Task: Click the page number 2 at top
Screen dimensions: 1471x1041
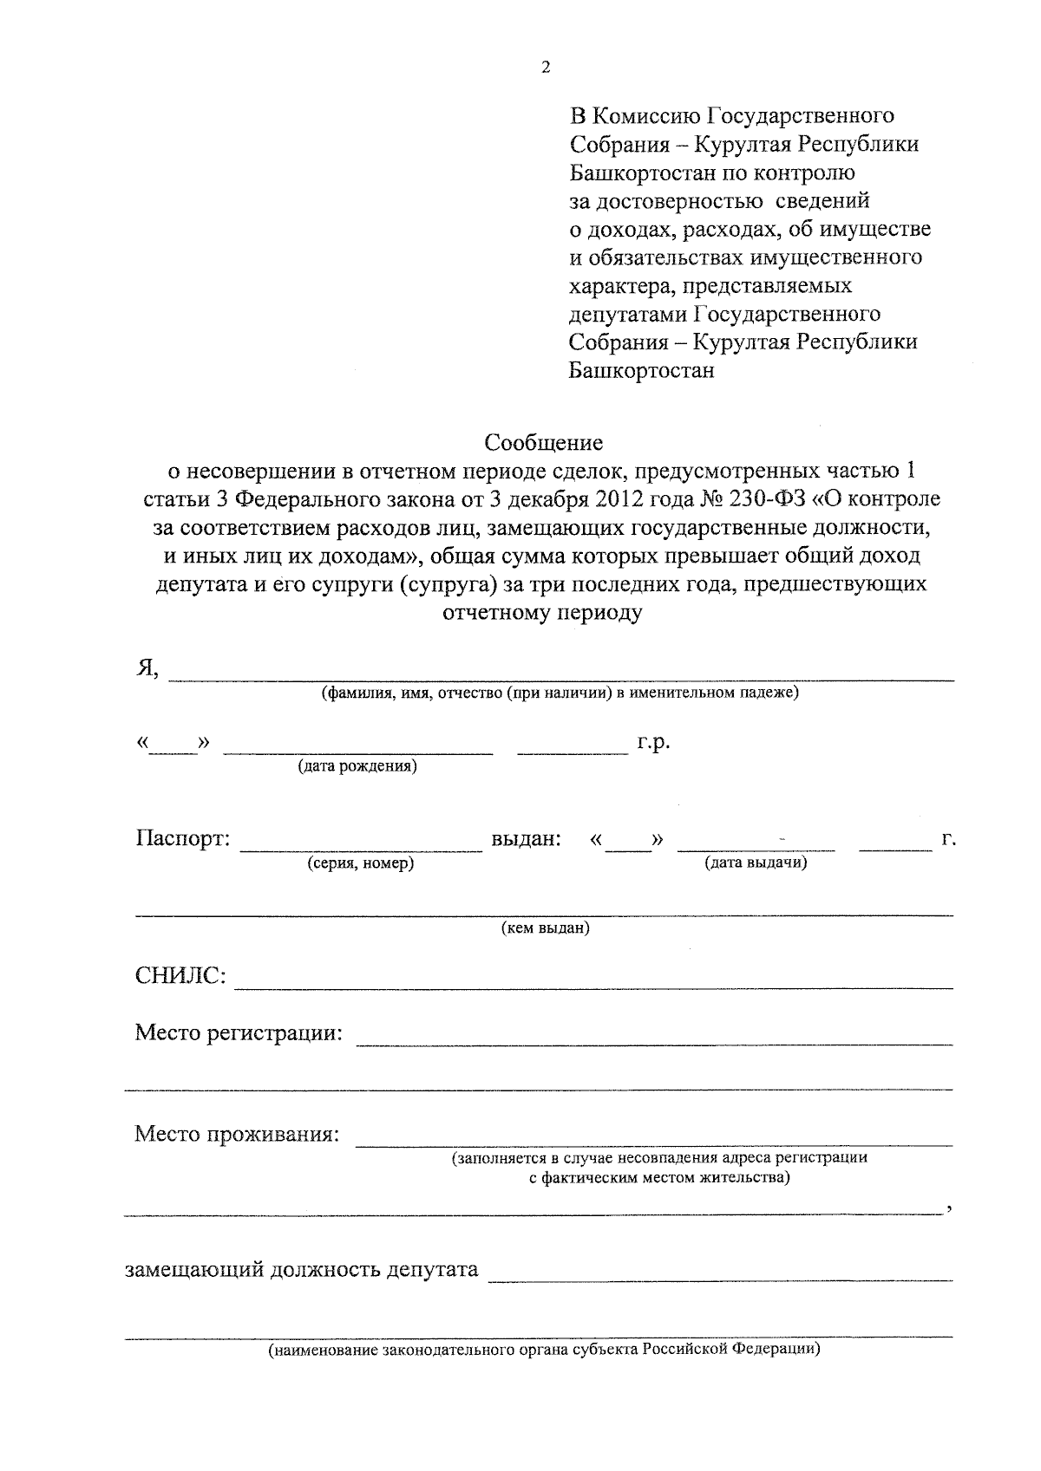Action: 546,68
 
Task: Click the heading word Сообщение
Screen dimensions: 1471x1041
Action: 543,443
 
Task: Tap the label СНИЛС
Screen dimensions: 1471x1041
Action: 180,977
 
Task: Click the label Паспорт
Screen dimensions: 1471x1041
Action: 183,839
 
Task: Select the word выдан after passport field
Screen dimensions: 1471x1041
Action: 526,839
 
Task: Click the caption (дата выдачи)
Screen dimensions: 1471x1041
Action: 756,863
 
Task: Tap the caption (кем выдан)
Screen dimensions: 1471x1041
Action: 546,928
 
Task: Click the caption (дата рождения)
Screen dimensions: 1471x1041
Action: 357,766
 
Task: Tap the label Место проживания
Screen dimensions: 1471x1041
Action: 237,1134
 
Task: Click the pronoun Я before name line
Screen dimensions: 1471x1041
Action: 146,668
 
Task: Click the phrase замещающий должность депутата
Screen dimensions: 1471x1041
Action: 301,1270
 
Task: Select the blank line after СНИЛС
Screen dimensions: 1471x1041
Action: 593,987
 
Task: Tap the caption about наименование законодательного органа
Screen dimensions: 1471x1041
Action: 544,1350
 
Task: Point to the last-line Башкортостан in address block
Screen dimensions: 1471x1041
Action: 642,371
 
